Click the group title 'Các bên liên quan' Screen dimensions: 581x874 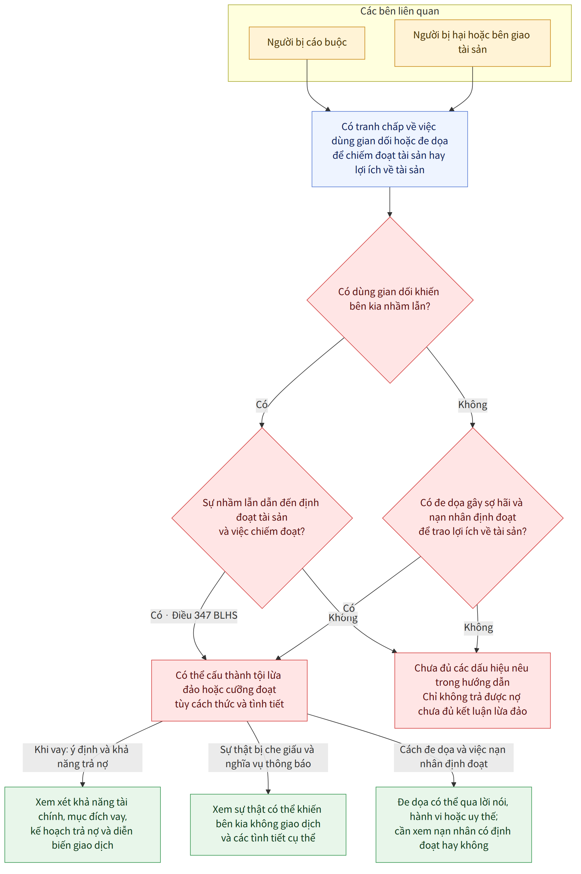399,11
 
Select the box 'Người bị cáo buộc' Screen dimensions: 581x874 307,43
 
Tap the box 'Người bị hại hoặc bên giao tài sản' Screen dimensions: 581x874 472,43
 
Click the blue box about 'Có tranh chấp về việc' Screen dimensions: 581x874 389,149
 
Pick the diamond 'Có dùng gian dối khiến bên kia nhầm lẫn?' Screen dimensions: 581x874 390,300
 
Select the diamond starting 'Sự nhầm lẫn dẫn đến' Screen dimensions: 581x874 262,518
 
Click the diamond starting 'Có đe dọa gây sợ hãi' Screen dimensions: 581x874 473,518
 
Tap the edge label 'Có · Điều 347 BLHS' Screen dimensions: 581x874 194,615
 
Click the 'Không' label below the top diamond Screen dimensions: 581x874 472,404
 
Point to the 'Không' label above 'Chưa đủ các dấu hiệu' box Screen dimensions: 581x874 478,627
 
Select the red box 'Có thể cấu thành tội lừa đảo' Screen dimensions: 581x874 229,690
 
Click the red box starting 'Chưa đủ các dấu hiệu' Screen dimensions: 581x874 472,690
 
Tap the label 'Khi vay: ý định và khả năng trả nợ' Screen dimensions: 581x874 82,757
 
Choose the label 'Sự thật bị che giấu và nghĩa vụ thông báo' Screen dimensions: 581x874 268,757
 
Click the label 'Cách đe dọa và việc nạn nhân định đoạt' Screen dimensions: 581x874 453,757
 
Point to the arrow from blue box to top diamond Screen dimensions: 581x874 390,202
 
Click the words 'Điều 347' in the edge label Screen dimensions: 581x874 191,615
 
